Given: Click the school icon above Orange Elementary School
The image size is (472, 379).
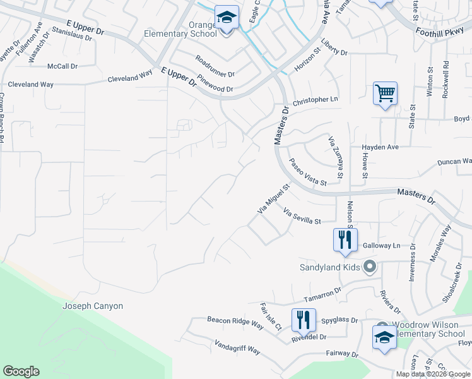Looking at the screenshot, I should pos(226,17).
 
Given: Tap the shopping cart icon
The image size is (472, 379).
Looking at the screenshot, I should pos(384,93).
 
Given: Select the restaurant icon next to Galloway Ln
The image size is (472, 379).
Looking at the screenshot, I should pos(345,240).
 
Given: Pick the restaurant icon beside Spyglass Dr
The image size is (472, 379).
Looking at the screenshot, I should pos(304,320).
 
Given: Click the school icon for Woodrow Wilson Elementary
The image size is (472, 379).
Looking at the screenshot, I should pos(384,338).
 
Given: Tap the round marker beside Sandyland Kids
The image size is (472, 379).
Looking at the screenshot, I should pos(370,267).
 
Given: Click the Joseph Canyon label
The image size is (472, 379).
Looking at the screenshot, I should pos(93,306).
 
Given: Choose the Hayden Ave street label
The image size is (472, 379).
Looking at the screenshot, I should pos(381,147).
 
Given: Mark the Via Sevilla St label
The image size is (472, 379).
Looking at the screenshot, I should pos(302,217).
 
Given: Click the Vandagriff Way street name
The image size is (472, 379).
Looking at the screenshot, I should pos(237,349).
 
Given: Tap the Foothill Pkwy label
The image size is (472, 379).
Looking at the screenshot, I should pos(440,34).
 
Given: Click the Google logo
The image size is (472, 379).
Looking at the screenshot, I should pos(21,371).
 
